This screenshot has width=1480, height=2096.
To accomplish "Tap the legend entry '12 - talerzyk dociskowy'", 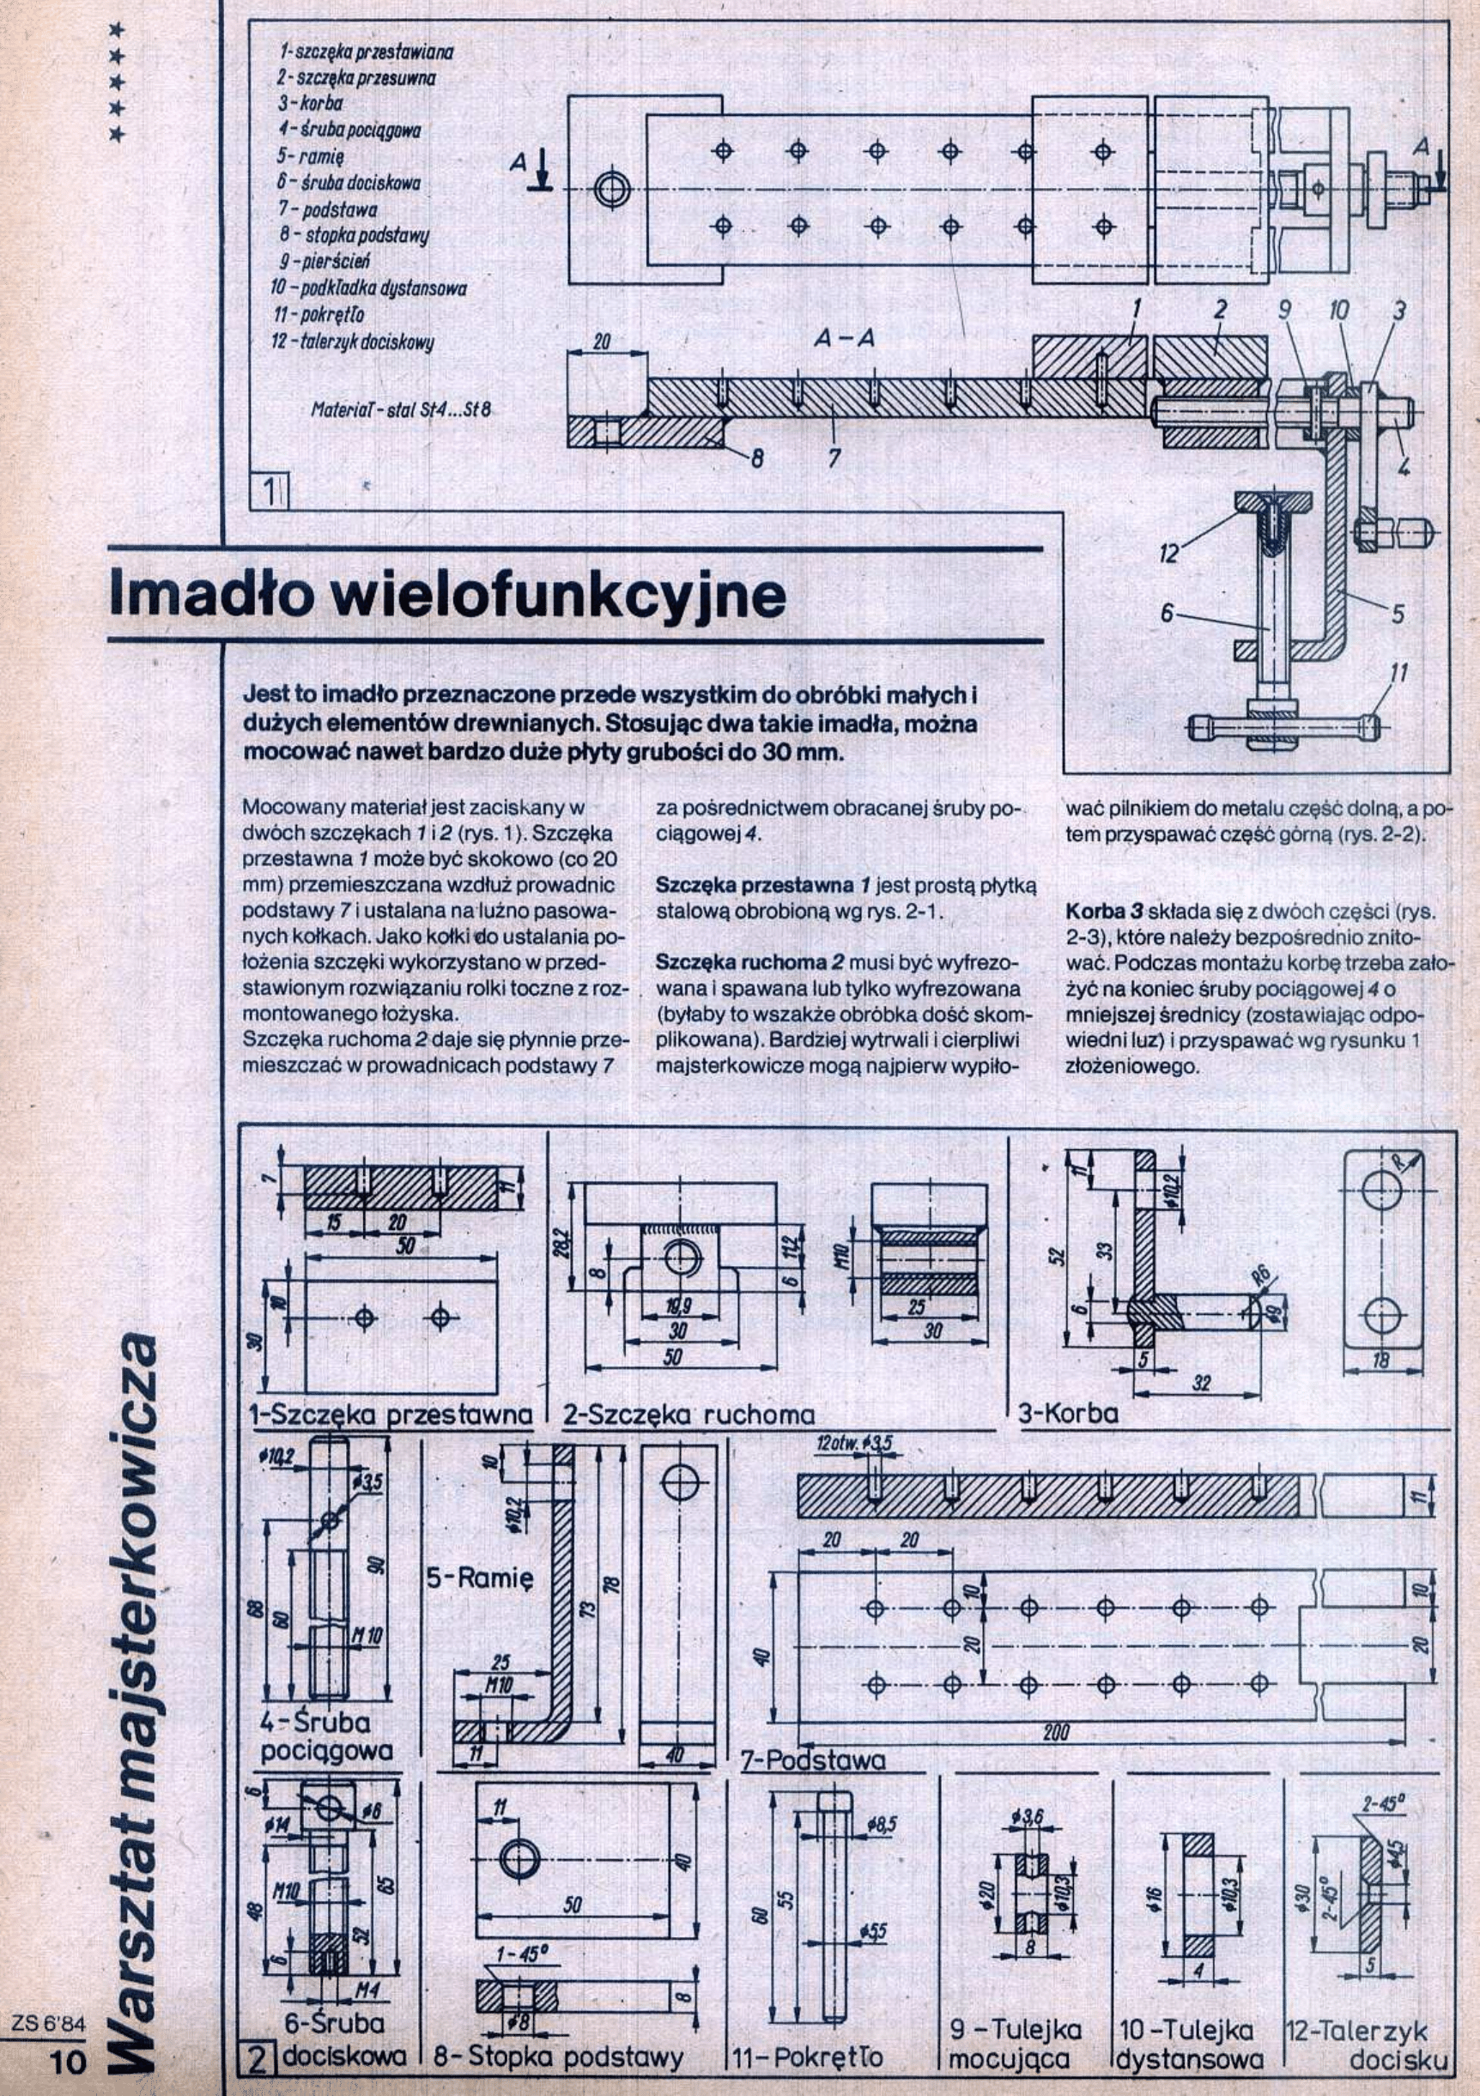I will pyautogui.click(x=353, y=342).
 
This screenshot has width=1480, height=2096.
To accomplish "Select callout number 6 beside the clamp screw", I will pyautogui.click(x=1166, y=615).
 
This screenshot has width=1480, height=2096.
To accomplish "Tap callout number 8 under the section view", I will pyautogui.click(x=756, y=459).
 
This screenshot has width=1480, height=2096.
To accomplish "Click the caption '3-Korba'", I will pyautogui.click(x=1067, y=1414).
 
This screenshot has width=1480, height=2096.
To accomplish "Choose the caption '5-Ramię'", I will pyautogui.click(x=480, y=1578).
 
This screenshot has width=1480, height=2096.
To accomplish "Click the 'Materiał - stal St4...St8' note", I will pyautogui.click(x=401, y=410).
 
